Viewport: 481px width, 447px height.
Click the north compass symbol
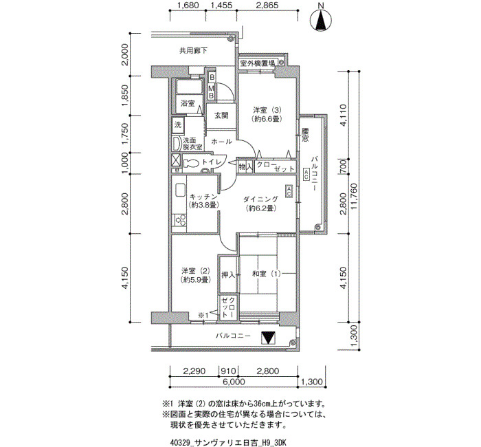[x=321, y=21]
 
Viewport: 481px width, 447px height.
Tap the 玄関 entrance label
[x=221, y=116]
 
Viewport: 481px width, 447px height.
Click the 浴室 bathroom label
[x=188, y=103]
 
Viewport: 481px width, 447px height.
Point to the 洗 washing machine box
[x=177, y=125]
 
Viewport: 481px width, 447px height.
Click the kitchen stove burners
[x=180, y=220]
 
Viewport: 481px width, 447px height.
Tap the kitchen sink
[x=180, y=190]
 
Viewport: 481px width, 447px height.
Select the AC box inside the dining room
[x=289, y=191]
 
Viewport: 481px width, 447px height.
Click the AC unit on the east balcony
[x=306, y=175]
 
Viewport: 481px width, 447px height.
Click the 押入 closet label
[x=228, y=275]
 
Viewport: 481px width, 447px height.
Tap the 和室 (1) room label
[x=267, y=274]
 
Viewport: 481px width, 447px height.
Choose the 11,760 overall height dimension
[x=355, y=197]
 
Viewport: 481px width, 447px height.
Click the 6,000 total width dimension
[x=234, y=382]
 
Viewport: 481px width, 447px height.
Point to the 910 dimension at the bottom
[x=229, y=371]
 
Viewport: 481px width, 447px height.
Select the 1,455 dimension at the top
[x=221, y=6]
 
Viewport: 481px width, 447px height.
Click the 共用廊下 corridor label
[x=193, y=51]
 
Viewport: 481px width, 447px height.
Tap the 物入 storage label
[x=246, y=167]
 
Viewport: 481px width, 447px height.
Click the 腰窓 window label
[x=305, y=135]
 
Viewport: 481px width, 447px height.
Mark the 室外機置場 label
[x=258, y=63]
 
